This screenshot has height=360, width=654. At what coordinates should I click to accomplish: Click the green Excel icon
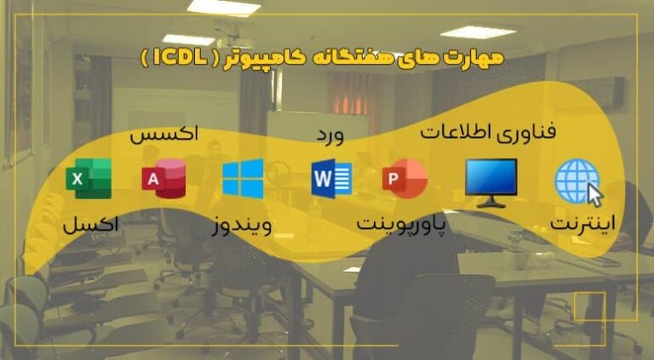[x=88, y=180]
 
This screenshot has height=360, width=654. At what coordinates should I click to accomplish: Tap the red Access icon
[x=163, y=179]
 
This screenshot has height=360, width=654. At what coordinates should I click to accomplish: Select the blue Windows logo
[x=243, y=179]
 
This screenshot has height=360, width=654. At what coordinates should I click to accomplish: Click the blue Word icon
[x=330, y=180]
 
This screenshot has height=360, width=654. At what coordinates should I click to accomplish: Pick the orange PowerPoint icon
[x=404, y=180]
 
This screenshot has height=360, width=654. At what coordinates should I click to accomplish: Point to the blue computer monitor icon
[x=490, y=182]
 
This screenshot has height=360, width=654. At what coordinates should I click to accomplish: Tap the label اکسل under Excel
[x=91, y=226]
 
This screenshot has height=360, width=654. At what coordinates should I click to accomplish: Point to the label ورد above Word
[x=330, y=136]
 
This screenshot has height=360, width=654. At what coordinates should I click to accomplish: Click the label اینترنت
[x=586, y=226]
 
